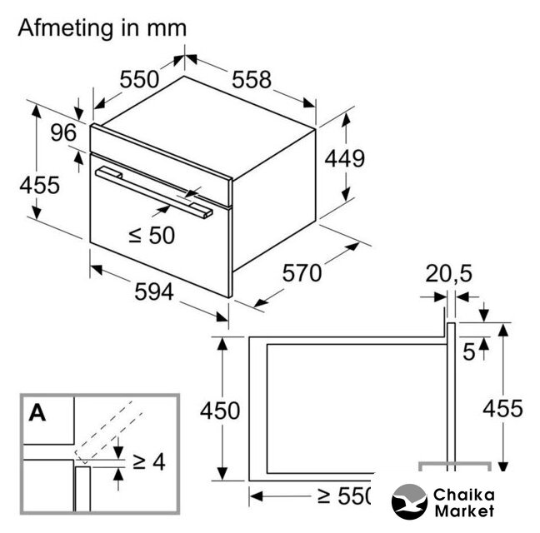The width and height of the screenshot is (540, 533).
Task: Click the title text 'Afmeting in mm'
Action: [102, 28]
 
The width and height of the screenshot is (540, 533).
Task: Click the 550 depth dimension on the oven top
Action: [139, 79]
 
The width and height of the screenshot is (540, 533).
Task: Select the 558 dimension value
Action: [252, 80]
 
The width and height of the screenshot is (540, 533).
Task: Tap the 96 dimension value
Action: [63, 132]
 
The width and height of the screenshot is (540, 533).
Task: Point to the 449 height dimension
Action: [344, 158]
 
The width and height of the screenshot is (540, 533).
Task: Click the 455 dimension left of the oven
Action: [40, 185]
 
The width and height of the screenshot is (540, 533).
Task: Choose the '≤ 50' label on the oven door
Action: [152, 236]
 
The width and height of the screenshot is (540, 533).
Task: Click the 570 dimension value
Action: [302, 273]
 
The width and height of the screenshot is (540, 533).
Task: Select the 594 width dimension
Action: [154, 291]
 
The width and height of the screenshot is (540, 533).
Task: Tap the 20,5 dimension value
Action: [448, 274]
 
